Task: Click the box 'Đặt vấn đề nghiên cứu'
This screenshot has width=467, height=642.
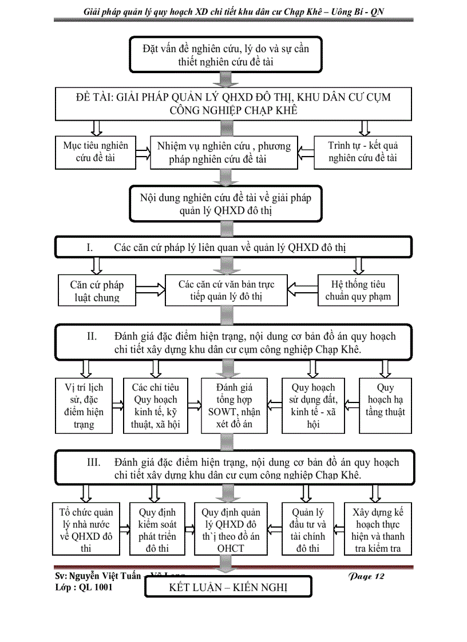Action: (x=227, y=55)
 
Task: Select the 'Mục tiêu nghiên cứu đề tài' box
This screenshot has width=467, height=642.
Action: (x=95, y=151)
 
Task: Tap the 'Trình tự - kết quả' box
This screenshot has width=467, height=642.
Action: (x=363, y=151)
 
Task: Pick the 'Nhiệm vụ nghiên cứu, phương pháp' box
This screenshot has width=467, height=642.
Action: (x=224, y=153)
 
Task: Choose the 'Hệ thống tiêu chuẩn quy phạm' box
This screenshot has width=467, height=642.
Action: (x=358, y=290)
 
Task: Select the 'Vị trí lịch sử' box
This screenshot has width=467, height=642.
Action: (x=84, y=405)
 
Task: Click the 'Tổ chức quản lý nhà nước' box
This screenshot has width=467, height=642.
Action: (x=86, y=529)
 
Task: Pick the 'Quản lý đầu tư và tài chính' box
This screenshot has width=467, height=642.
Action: (x=307, y=529)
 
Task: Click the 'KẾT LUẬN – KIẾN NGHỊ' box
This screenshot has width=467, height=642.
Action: (x=228, y=588)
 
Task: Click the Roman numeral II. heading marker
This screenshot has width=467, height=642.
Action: (x=92, y=336)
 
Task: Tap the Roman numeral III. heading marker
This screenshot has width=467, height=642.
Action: (x=94, y=462)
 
